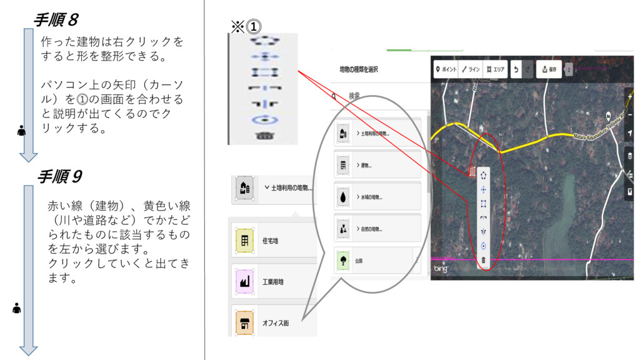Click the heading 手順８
click(x=56, y=20)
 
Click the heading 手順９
click(x=59, y=177)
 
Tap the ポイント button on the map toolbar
click(x=446, y=69)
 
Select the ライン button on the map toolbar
click(x=471, y=69)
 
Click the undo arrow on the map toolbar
click(x=516, y=69)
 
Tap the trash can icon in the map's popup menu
click(x=484, y=260)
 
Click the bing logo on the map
click(x=442, y=269)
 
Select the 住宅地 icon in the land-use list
click(x=244, y=241)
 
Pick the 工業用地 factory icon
click(x=244, y=282)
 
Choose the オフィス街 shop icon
click(x=244, y=323)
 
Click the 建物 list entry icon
click(x=342, y=166)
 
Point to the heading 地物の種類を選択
click(x=359, y=69)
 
